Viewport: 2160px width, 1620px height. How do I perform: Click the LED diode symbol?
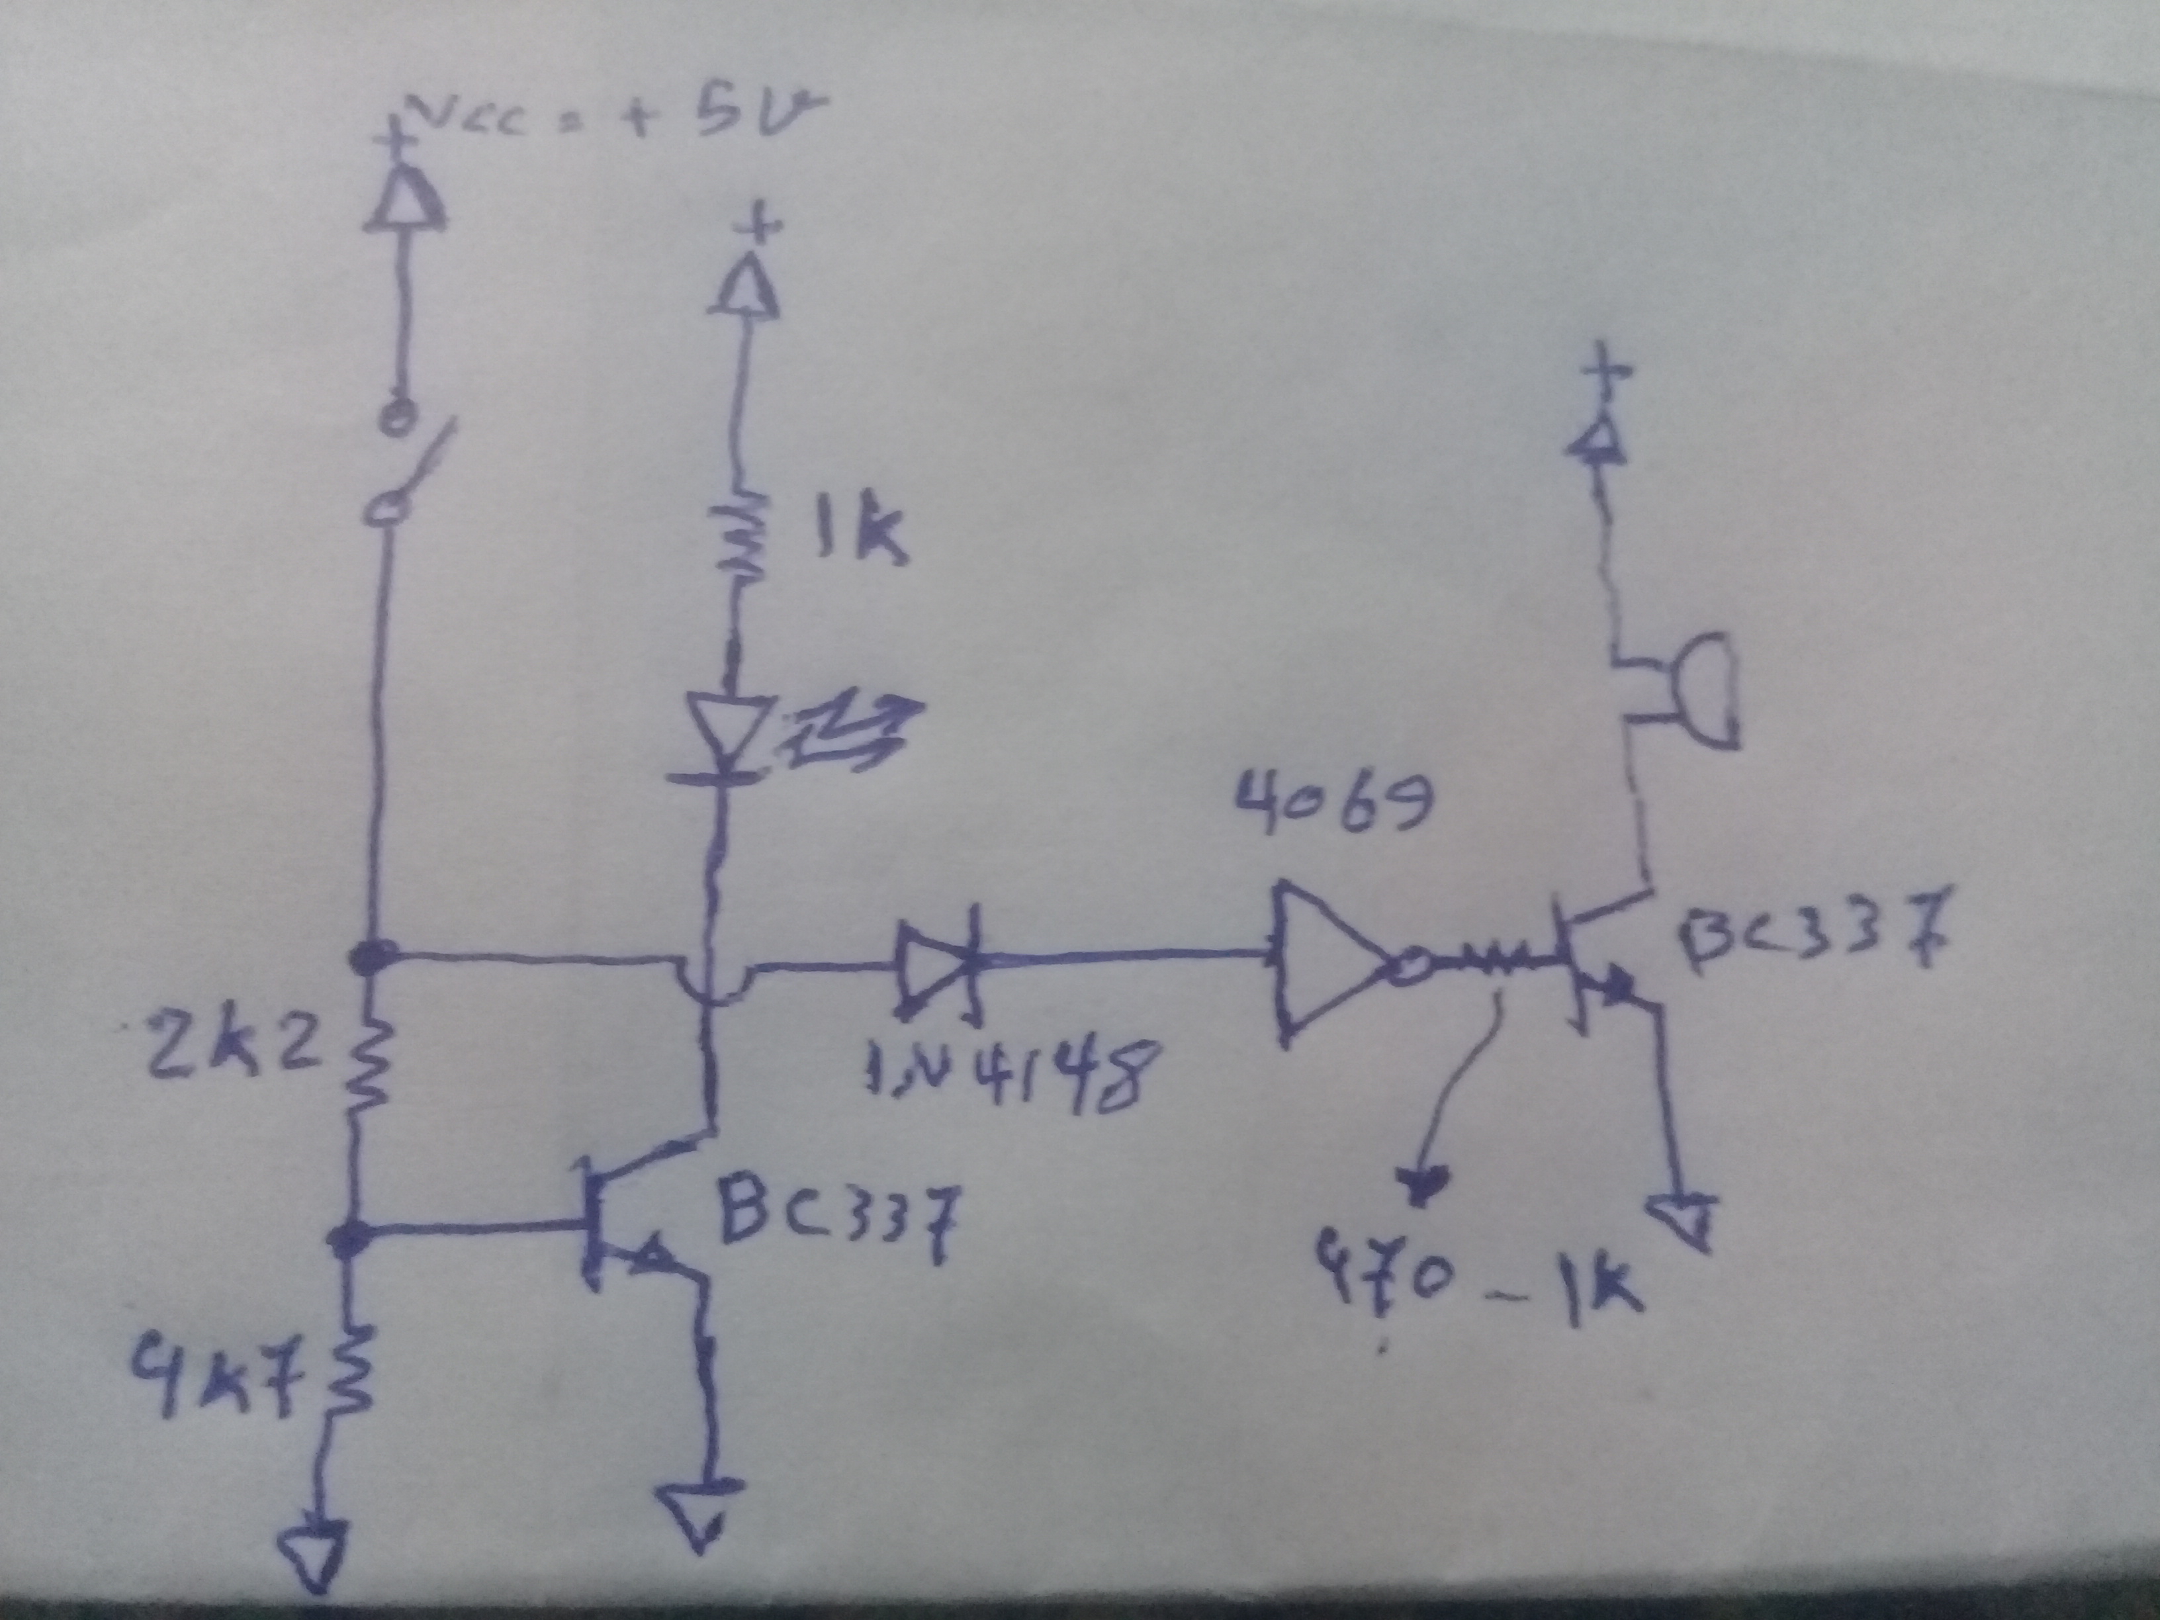point(727,733)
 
